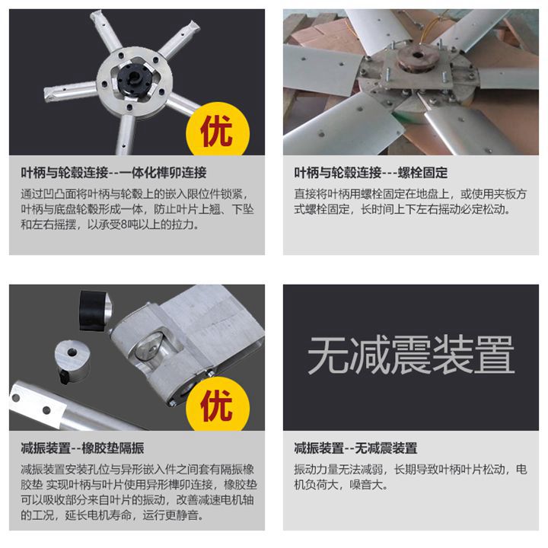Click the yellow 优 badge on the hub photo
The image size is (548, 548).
pos(218,130)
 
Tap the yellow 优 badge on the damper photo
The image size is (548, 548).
pos(218,405)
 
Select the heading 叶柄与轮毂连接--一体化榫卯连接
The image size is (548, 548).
pos(113,173)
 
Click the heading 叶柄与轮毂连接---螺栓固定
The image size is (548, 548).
pos(371,173)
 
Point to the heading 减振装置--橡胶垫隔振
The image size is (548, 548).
pos(82,448)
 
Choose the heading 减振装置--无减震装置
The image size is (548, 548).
pos(355,448)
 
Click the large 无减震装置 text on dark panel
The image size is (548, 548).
pos(411,355)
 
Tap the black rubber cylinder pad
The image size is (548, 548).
pos(94,311)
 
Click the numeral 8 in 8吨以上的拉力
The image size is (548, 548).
pos(125,225)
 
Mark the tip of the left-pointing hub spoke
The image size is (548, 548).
pos(46,94)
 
